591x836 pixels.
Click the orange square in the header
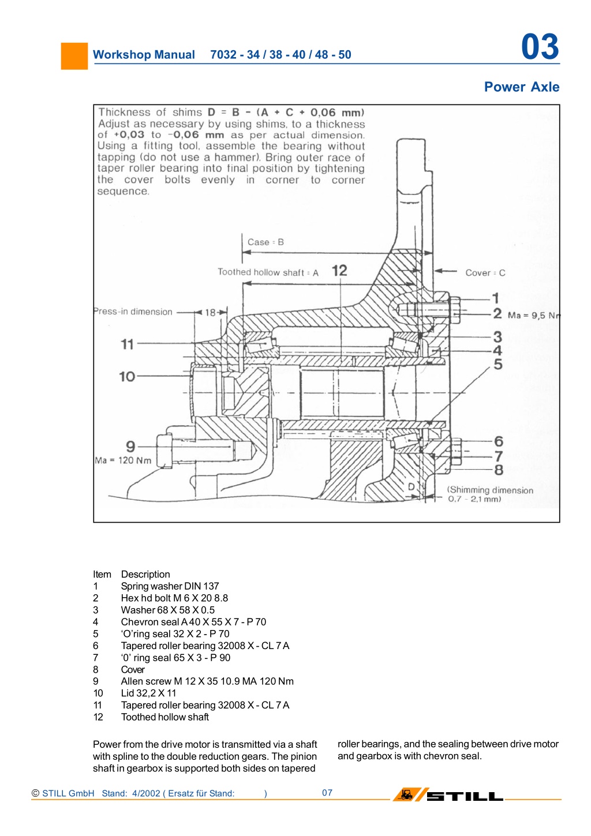click(x=74, y=56)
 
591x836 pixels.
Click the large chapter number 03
click(x=540, y=47)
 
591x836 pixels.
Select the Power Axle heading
click(x=522, y=87)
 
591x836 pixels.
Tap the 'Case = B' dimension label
click(x=265, y=242)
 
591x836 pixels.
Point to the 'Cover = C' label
click(x=485, y=273)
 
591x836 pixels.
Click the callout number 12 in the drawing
click(x=339, y=271)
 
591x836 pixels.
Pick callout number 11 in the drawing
click(x=127, y=344)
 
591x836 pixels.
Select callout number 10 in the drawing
click(x=127, y=377)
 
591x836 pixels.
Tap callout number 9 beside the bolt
click(x=130, y=447)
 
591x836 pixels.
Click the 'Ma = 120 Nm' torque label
click(x=123, y=460)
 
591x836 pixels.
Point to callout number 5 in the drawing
click(x=498, y=364)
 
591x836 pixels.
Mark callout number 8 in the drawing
click(x=499, y=470)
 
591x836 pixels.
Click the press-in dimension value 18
click(x=210, y=312)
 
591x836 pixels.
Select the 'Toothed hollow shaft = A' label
click(x=268, y=272)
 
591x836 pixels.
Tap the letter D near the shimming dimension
click(x=411, y=487)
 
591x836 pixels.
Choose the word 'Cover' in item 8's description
click(x=133, y=669)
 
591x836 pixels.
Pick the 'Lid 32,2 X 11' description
click(x=148, y=693)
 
